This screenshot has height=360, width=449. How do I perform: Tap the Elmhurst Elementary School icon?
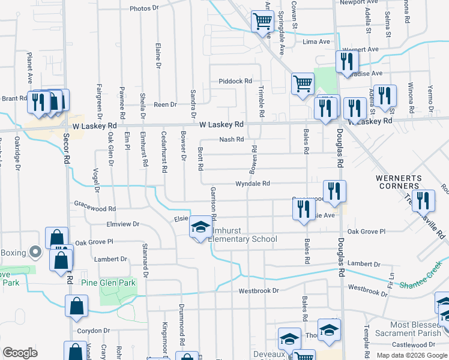200,229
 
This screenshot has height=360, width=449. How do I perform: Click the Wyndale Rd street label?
253,184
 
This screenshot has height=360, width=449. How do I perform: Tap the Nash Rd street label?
231,139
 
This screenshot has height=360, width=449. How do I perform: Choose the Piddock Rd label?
235,81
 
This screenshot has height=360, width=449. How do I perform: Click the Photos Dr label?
143,8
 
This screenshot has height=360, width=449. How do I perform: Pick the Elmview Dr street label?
122,224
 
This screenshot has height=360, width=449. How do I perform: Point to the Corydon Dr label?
94,331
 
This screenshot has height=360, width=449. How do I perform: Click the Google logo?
20,353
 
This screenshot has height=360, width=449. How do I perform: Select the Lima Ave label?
317,42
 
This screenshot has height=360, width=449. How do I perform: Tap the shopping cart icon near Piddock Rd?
303,84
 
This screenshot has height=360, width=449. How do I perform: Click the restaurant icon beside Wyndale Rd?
334,191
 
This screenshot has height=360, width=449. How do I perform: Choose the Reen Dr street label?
165,104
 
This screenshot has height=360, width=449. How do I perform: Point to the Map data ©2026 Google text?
412,355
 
